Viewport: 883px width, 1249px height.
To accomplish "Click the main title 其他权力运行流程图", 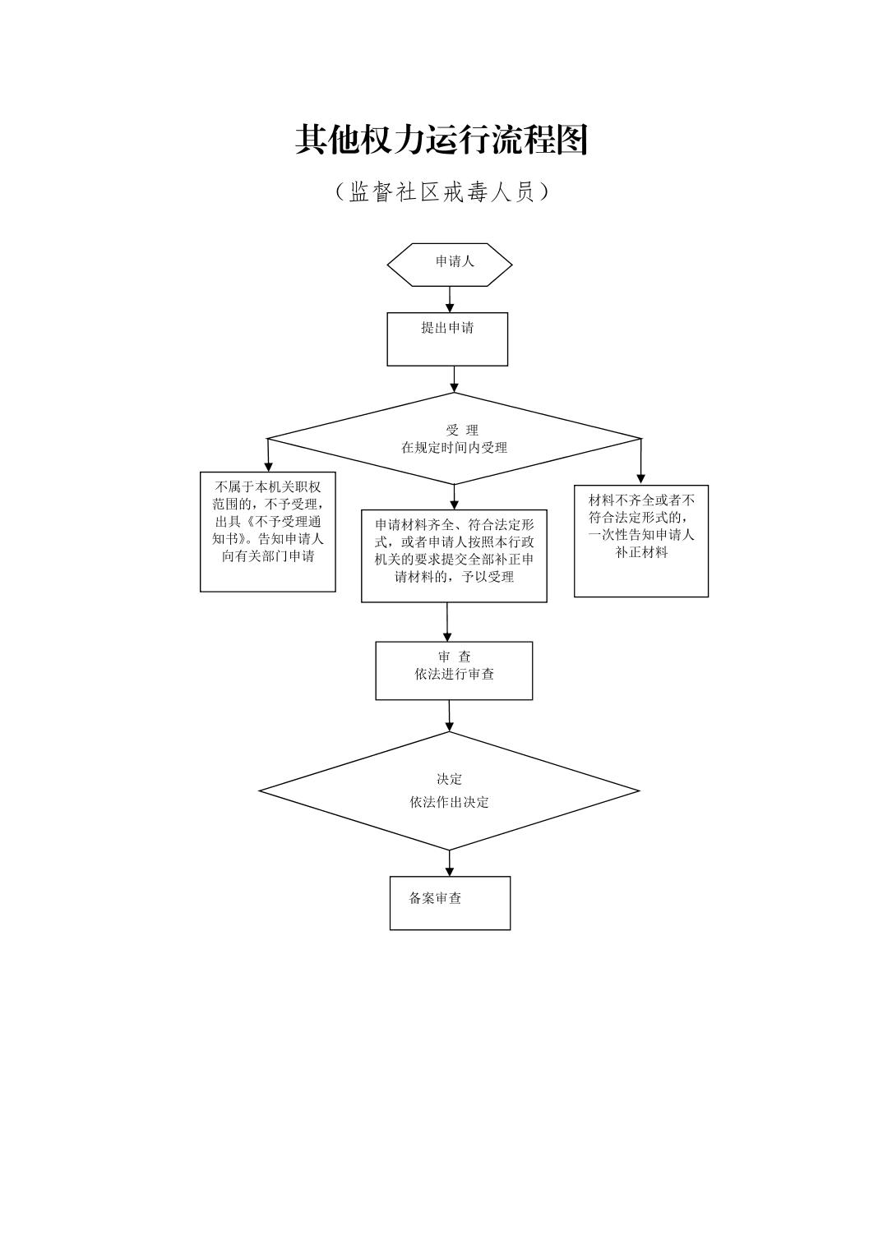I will tap(441, 141).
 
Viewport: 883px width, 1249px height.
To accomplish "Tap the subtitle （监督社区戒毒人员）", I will tap(441, 192).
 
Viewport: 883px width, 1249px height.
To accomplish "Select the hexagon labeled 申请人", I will tap(450, 264).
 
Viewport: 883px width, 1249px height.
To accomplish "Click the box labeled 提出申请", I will tap(447, 339).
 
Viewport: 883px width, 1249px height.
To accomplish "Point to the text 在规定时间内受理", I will tap(454, 448).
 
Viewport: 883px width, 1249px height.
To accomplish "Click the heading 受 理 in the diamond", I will tap(462, 430).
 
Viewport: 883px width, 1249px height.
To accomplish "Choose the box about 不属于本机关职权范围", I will tap(268, 531).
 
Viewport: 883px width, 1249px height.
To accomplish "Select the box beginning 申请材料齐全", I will tap(454, 555).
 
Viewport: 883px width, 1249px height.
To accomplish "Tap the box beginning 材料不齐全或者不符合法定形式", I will tap(641, 540).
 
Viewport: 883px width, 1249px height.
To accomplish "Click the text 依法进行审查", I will tap(455, 675).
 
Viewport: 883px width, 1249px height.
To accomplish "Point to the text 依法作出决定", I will tap(449, 802).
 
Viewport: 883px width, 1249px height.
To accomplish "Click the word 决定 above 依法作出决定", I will tap(449, 779).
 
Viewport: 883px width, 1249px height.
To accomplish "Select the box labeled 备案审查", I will tap(450, 902).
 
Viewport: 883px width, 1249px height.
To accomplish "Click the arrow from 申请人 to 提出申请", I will tap(450, 299).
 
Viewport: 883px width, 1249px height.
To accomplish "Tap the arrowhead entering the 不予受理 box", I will tap(268, 466).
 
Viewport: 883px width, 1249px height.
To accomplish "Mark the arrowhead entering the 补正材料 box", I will tap(641, 478).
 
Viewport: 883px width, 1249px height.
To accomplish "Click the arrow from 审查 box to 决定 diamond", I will tap(450, 716).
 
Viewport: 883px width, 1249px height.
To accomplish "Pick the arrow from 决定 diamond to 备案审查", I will tap(450, 864).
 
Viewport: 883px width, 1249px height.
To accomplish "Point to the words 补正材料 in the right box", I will tap(641, 553).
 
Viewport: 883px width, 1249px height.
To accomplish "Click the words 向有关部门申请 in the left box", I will tap(268, 556).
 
